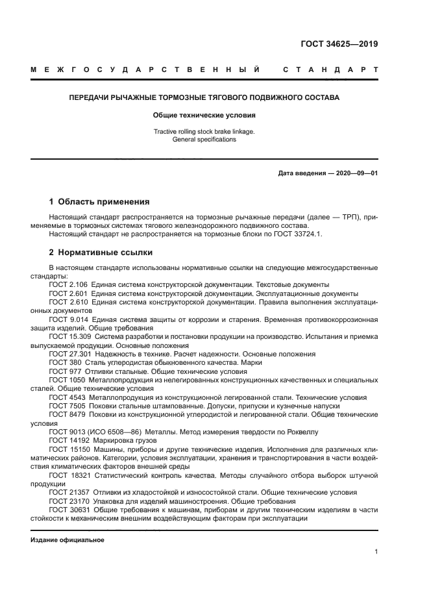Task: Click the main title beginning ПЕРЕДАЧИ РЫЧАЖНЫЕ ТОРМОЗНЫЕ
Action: [x=204, y=97]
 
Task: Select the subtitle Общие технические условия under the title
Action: [x=204, y=115]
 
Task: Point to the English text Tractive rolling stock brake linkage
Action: [x=204, y=131]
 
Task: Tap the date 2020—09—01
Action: [x=356, y=173]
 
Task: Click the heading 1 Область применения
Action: [x=99, y=201]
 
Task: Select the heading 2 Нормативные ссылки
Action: [x=101, y=252]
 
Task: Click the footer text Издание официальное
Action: [x=67, y=539]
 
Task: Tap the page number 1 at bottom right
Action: [x=376, y=552]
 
